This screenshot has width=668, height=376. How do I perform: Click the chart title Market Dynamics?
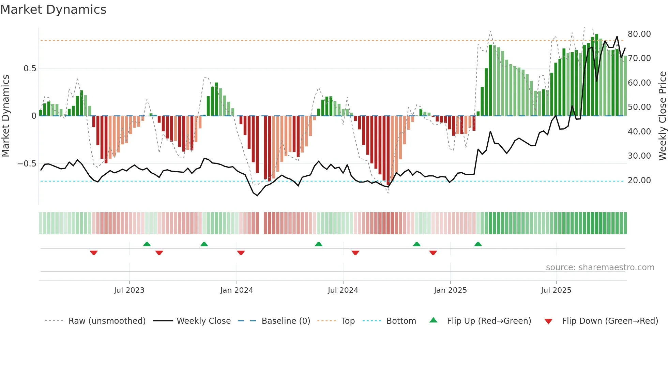pyautogui.click(x=53, y=10)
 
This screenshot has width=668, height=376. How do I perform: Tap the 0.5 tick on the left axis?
pyautogui.click(x=30, y=69)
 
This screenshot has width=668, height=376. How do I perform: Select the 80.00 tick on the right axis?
pyautogui.click(x=639, y=34)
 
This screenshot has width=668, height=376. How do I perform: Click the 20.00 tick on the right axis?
pyautogui.click(x=639, y=180)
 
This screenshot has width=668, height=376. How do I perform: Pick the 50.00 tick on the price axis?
pyautogui.click(x=639, y=107)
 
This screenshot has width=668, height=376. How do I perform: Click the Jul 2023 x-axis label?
pyautogui.click(x=129, y=290)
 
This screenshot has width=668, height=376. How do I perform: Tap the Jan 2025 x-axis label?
pyautogui.click(x=450, y=290)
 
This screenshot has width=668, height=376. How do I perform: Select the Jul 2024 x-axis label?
pyautogui.click(x=343, y=290)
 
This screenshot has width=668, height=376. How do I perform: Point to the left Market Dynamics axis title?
pyautogui.click(x=5, y=116)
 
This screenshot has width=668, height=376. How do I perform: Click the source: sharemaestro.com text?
pyautogui.click(x=600, y=267)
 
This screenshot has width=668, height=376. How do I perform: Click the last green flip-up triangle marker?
pyautogui.click(x=478, y=244)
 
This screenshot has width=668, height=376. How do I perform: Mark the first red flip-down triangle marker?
pyautogui.click(x=94, y=253)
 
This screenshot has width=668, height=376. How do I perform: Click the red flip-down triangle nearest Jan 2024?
pyautogui.click(x=241, y=253)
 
